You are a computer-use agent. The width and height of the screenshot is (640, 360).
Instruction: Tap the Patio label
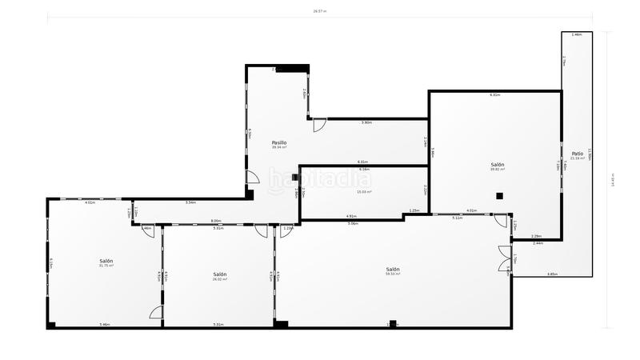pos(578,154)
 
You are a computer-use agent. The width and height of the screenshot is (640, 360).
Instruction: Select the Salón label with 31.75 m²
pos(106,262)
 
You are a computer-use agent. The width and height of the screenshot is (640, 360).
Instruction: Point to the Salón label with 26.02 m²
pos(220,274)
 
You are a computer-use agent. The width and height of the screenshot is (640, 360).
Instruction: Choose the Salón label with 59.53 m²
pos(393,270)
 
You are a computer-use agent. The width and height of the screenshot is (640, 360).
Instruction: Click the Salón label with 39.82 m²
pos(498,165)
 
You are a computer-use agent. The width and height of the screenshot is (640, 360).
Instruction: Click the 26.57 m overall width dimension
pos(320,11)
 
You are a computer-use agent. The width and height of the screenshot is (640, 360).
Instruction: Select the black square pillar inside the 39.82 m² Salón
pos(499,195)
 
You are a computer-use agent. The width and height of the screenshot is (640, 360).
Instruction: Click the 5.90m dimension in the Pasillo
pos(366,122)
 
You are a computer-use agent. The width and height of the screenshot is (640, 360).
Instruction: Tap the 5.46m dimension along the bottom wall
pos(104,324)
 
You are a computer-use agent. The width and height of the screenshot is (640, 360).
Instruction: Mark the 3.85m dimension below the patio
pos(552,274)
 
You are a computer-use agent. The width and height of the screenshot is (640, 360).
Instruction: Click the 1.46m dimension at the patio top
pos(577,35)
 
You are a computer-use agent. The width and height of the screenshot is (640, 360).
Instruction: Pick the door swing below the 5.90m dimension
pos(318,126)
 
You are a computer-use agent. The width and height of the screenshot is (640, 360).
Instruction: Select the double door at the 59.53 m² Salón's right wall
pos(504,259)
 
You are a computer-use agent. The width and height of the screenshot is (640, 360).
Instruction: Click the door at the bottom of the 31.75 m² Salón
pos(157,312)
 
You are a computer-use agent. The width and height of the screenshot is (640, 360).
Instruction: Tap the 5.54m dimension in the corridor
pos(190,202)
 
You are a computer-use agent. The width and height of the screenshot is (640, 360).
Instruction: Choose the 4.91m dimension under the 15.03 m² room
pos(351,216)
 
